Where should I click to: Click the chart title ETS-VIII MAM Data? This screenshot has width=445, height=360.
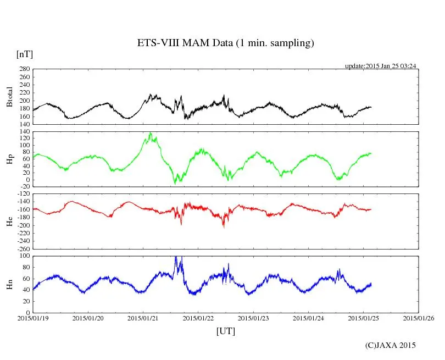tap(225, 43)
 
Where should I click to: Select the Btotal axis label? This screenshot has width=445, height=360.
tap(9, 97)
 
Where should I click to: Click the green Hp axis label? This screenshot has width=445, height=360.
tap(9, 159)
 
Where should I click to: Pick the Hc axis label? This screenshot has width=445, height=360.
tap(9, 221)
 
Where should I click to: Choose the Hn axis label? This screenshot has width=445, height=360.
tap(9, 284)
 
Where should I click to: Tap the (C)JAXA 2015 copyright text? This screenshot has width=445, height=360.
tap(391, 345)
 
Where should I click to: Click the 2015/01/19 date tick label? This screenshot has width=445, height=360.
tap(33, 318)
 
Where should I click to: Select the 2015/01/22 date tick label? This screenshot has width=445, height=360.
tap(198, 318)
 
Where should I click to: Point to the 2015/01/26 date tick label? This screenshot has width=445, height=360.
tap(419, 318)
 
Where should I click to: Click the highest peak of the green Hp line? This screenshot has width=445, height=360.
tap(150, 132)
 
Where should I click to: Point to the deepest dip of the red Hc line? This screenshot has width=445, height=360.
tap(223, 226)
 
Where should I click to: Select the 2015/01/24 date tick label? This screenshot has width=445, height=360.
tap(309, 318)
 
